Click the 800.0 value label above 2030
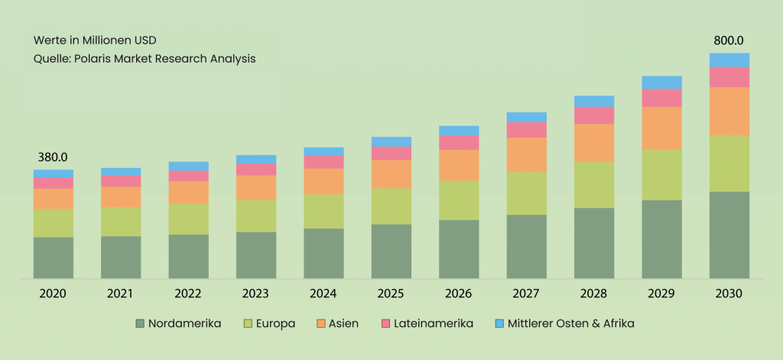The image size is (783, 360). [x=729, y=41]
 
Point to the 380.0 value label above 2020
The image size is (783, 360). [x=53, y=157]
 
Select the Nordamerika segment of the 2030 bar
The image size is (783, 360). [x=729, y=235]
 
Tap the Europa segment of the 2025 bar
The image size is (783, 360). [x=391, y=206]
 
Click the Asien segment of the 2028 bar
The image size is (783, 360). [x=594, y=142]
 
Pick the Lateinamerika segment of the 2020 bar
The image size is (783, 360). [x=53, y=183]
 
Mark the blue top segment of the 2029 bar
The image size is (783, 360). [x=661, y=82]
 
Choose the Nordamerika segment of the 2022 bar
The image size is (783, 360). [x=188, y=256]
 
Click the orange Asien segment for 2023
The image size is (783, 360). [x=255, y=187]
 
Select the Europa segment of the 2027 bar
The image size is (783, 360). [x=526, y=193]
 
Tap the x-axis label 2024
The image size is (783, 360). [x=323, y=294]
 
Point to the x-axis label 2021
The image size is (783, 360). [x=120, y=294]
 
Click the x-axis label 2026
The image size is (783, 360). [x=459, y=294]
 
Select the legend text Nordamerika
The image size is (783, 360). [x=185, y=323]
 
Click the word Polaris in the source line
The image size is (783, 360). [x=96, y=59]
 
